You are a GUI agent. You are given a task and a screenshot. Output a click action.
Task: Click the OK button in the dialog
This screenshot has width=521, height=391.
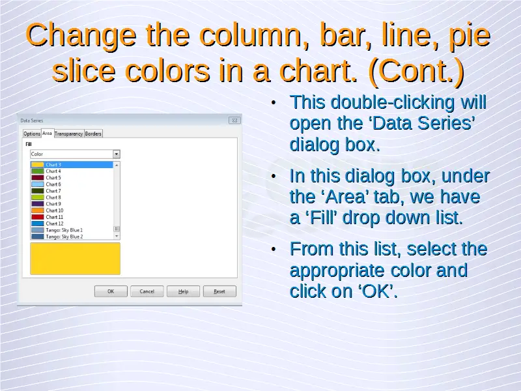111,291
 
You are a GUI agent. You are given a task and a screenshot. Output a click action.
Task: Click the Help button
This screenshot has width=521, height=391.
183,291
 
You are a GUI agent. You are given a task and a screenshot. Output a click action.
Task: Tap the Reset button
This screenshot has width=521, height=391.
219,291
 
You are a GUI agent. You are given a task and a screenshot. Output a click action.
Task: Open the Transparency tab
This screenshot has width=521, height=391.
69,134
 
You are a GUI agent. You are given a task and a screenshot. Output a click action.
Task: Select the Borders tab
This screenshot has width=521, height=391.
93,134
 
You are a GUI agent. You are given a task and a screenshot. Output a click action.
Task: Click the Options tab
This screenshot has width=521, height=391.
32,134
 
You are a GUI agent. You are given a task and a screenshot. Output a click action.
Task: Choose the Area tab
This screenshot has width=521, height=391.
47,133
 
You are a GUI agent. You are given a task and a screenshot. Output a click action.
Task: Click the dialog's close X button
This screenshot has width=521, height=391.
234,121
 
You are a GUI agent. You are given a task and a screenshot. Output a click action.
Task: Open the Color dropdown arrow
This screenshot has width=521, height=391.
117,154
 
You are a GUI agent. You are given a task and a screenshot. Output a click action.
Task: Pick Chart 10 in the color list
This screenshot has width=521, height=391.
55,210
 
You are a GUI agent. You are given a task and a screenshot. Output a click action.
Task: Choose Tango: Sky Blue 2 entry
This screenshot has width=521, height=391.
64,237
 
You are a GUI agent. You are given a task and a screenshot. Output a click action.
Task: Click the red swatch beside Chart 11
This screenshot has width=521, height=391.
38,217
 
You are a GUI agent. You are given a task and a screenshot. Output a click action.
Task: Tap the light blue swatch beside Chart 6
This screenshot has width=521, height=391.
38,184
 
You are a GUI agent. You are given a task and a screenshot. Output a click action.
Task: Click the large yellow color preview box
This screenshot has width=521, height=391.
75,259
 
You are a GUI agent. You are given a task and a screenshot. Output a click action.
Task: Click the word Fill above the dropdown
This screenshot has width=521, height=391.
29,144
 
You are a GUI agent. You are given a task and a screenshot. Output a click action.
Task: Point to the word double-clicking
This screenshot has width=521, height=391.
393,102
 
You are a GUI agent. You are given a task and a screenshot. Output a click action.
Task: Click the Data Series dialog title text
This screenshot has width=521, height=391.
32,121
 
